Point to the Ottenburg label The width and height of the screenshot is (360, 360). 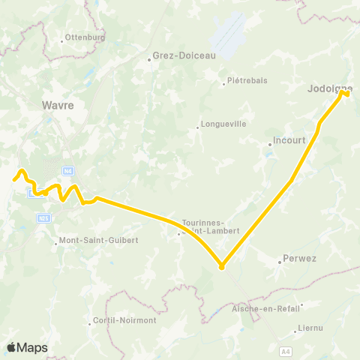coord(84,37)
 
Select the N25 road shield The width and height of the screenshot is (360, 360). coord(43,217)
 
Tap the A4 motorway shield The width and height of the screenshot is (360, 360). coord(286,349)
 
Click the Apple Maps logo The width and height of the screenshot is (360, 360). coord(27,347)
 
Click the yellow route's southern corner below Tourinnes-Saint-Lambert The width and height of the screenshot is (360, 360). coord(221,266)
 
